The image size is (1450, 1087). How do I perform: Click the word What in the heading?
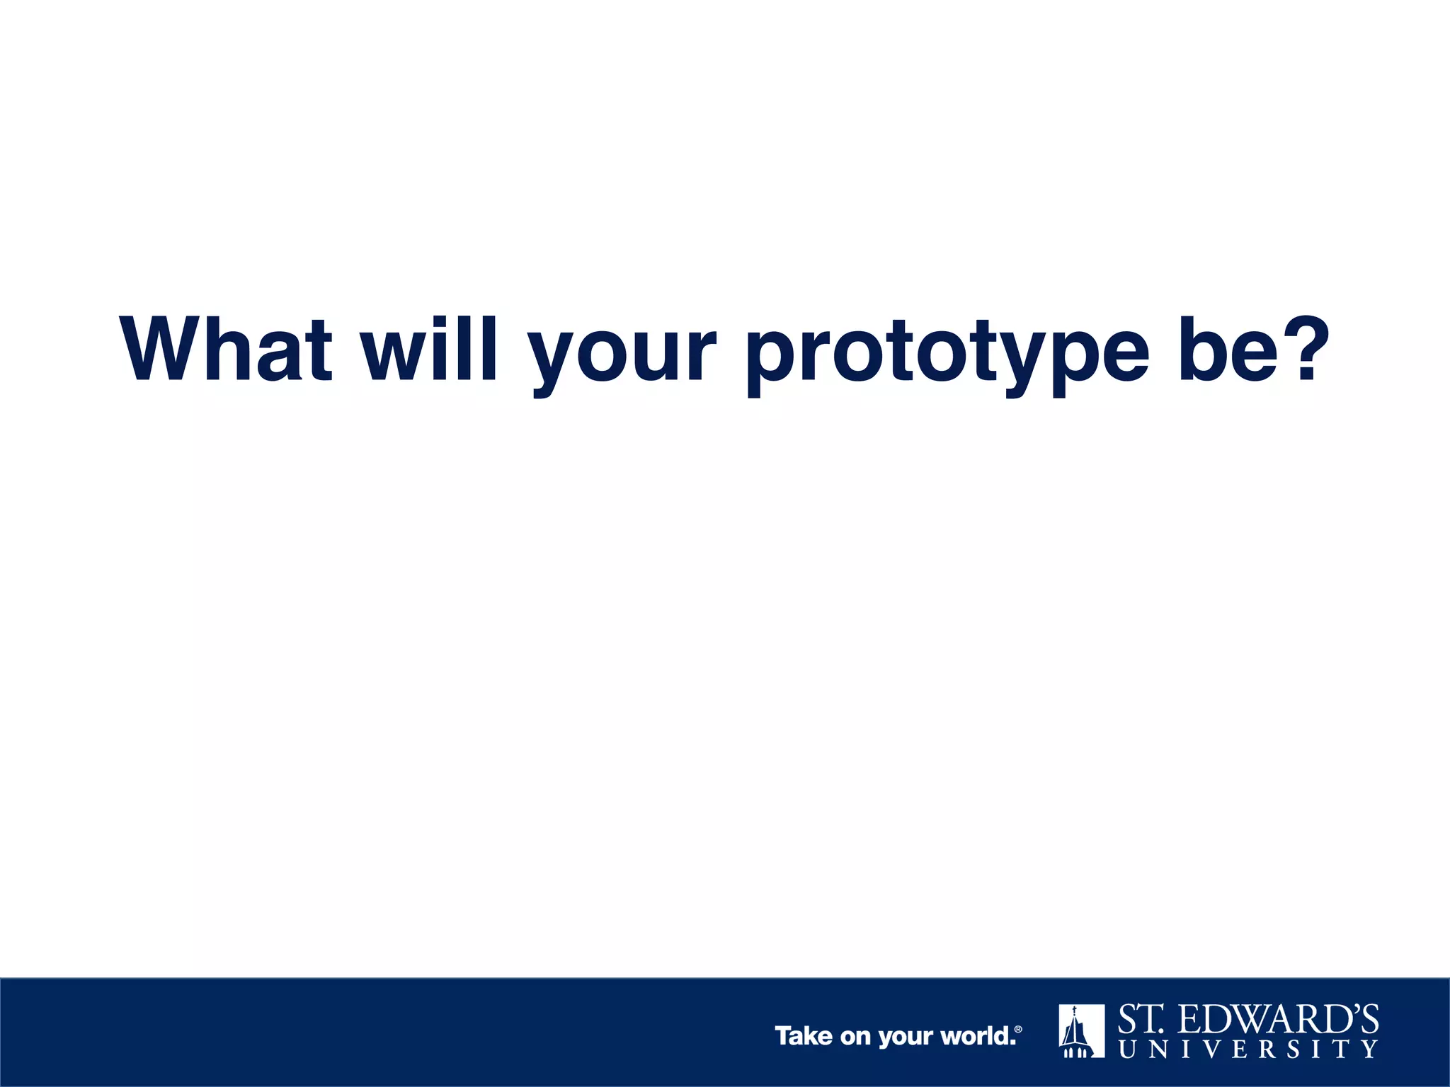point(226,350)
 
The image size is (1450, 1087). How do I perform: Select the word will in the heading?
point(430,350)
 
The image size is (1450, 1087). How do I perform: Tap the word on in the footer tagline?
point(855,1037)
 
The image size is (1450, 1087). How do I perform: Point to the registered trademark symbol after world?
point(1018,1030)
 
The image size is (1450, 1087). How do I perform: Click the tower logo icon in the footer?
point(1081,1031)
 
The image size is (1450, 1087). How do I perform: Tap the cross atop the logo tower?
point(1074,1011)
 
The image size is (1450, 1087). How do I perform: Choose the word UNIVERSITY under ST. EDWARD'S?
point(1248,1049)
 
